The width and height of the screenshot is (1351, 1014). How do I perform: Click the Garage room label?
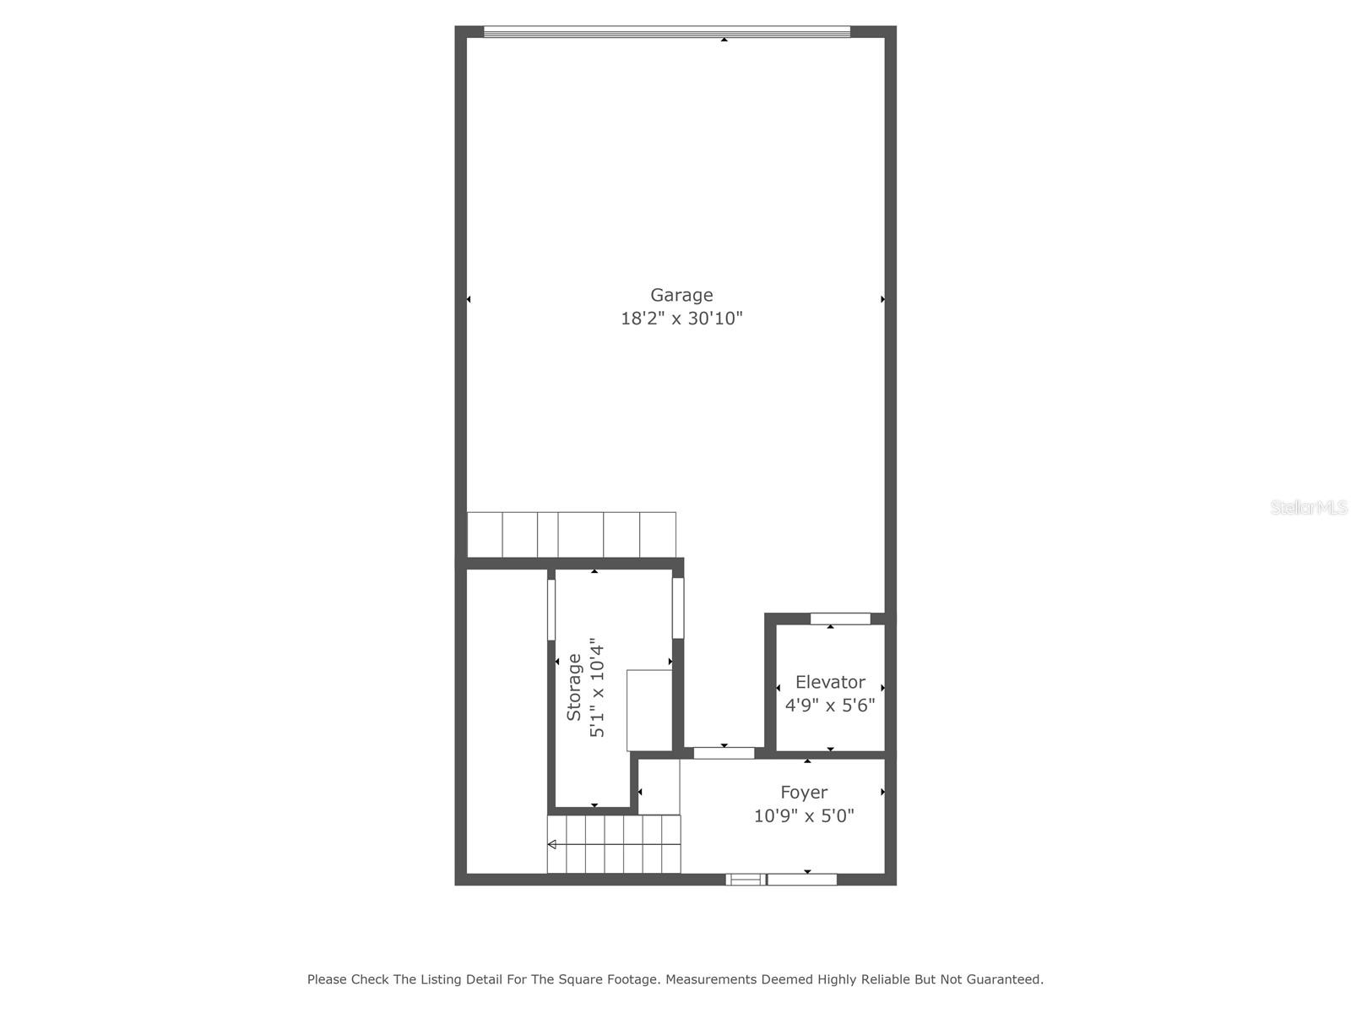point(681,295)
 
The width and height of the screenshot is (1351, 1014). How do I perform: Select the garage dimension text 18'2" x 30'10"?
point(681,319)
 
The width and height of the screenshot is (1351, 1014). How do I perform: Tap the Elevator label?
point(830,682)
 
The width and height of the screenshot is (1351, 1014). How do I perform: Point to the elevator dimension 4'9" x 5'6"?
point(830,706)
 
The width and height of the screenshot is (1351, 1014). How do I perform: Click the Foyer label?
point(804,793)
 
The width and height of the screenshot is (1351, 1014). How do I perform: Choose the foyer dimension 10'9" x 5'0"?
point(804,816)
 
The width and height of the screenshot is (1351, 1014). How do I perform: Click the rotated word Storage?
point(574,687)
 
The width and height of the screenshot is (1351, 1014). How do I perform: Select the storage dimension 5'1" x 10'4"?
point(598,687)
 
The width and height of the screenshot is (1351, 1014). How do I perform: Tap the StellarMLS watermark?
point(1309,508)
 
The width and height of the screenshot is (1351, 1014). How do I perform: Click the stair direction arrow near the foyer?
point(552,844)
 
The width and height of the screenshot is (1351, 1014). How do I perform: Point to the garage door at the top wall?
point(667,32)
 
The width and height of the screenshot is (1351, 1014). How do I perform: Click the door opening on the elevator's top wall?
point(840,619)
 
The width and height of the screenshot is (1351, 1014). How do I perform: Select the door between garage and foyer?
point(724,753)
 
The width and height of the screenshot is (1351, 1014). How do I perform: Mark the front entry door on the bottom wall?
point(801,880)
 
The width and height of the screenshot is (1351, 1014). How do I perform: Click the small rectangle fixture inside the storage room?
point(648,710)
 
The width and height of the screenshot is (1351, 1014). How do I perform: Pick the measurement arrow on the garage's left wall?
point(469,299)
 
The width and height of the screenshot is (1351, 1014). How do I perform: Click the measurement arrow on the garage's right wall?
point(882,299)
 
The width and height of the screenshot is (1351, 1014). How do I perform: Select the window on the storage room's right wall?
point(677,608)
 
